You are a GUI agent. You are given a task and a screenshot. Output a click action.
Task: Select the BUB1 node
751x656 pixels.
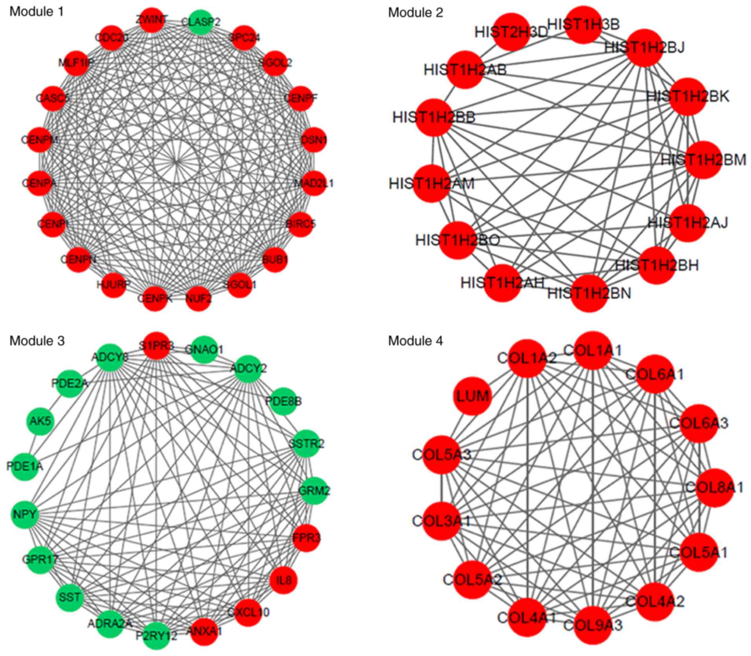click(275, 259)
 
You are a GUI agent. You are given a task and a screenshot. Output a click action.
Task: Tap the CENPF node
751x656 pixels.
click(301, 98)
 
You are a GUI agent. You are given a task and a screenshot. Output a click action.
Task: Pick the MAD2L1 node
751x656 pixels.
click(314, 183)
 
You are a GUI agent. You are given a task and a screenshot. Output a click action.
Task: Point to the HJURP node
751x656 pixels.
click(113, 284)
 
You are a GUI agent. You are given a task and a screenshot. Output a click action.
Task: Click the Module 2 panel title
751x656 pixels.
click(415, 13)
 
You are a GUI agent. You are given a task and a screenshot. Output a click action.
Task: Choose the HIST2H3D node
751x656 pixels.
click(511, 32)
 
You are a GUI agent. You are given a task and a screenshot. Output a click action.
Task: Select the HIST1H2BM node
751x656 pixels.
click(703, 160)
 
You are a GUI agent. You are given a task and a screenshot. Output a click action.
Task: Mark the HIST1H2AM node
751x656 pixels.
click(431, 183)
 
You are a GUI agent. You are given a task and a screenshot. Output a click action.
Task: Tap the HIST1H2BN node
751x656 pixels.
click(589, 293)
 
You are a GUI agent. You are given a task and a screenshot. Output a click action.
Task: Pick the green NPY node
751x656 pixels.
click(25, 514)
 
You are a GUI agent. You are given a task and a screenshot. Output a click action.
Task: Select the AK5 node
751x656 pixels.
click(40, 422)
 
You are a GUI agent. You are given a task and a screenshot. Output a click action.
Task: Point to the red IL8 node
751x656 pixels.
click(283, 580)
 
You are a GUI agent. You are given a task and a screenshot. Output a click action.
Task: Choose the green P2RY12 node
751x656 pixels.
click(157, 636)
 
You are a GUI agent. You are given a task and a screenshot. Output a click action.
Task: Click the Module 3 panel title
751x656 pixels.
click(37, 341)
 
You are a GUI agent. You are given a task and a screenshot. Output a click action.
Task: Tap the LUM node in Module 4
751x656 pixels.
click(472, 396)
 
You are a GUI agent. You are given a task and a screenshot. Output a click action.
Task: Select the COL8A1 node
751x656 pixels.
click(714, 487)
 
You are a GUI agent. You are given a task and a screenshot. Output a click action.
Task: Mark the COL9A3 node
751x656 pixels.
click(592, 625)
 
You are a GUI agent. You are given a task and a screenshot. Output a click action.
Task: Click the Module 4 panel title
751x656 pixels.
click(415, 341)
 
